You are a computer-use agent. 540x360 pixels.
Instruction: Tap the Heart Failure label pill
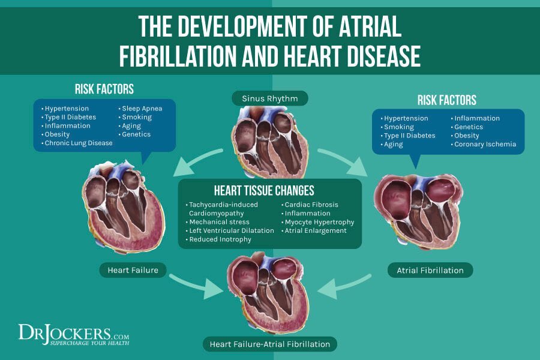pos(133,270)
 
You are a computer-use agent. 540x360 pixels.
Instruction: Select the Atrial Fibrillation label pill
pos(430,270)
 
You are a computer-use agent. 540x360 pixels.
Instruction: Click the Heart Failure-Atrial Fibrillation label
pos(269,344)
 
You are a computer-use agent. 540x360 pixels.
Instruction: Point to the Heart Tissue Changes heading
pos(270,191)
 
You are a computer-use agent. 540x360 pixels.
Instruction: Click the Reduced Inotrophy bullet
pos(218,239)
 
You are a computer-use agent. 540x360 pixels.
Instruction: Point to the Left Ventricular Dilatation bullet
pos(228,230)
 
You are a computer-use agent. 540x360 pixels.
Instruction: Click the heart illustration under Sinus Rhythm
pos(270,141)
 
